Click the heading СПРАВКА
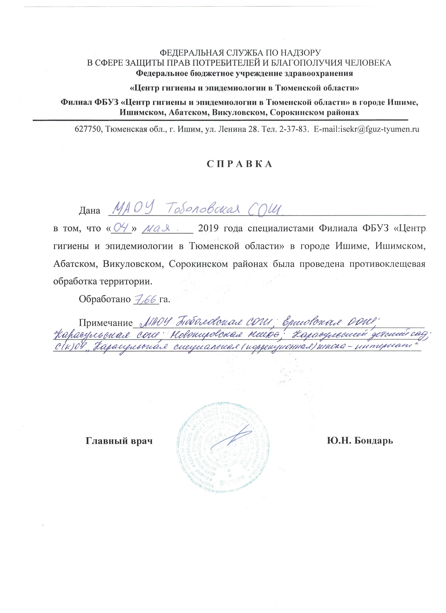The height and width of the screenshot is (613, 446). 240,164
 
